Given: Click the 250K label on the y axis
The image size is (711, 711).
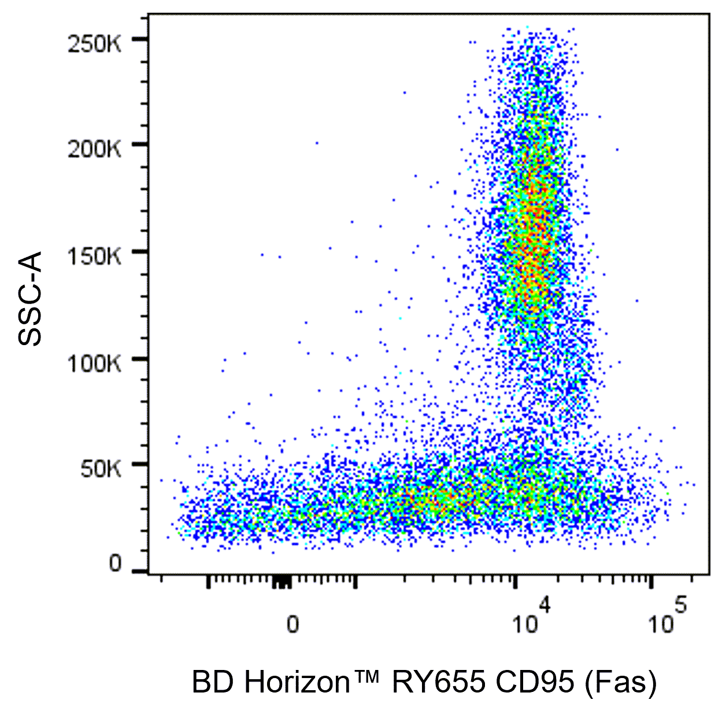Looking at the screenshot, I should (x=94, y=43).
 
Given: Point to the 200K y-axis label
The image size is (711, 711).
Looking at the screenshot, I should (x=94, y=149).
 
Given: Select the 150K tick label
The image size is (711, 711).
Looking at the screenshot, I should (x=94, y=256).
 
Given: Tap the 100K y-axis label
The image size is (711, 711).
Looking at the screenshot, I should (x=94, y=364).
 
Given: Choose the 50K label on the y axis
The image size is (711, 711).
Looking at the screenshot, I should (x=101, y=469).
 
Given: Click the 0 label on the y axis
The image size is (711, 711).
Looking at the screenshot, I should (x=116, y=564).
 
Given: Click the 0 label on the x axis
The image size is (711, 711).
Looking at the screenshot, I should (x=293, y=624).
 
